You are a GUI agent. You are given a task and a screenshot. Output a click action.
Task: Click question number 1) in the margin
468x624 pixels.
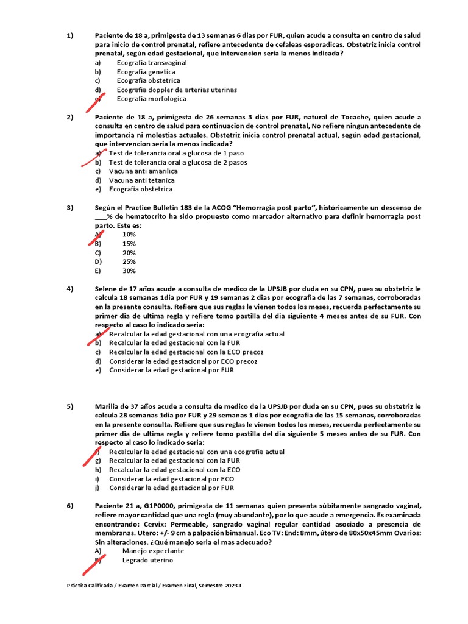70,36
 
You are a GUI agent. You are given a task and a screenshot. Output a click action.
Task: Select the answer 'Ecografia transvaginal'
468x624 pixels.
152,63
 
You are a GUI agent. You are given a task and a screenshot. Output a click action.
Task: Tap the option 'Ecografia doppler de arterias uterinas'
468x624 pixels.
177,90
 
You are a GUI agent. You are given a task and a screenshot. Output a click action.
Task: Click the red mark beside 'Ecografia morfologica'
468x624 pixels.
99,99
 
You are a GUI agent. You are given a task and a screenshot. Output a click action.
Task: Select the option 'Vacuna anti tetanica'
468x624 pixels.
141,180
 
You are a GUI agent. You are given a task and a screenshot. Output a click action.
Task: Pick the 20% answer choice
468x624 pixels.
129,253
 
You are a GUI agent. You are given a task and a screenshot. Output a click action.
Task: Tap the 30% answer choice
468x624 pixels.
129,271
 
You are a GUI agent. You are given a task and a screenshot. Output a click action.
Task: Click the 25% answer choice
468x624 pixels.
129,262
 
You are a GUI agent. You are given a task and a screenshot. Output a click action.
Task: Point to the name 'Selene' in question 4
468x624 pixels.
107,288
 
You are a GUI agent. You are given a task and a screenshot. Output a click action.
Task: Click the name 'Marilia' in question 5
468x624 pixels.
108,406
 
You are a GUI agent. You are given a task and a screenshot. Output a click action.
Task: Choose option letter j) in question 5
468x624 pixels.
97,487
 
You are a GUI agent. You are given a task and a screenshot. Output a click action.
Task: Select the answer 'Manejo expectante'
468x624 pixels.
152,551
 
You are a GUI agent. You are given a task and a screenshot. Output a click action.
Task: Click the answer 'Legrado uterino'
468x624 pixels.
147,560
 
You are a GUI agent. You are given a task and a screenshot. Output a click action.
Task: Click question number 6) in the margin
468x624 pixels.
70,506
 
